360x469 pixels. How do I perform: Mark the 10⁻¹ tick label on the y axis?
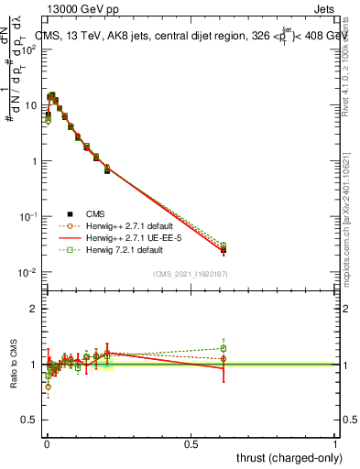tap(29, 217)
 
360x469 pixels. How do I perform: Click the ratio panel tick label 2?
tap(34, 309)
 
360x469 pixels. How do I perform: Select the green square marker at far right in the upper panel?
tap(224, 245)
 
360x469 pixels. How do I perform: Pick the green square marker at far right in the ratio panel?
tap(224, 348)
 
